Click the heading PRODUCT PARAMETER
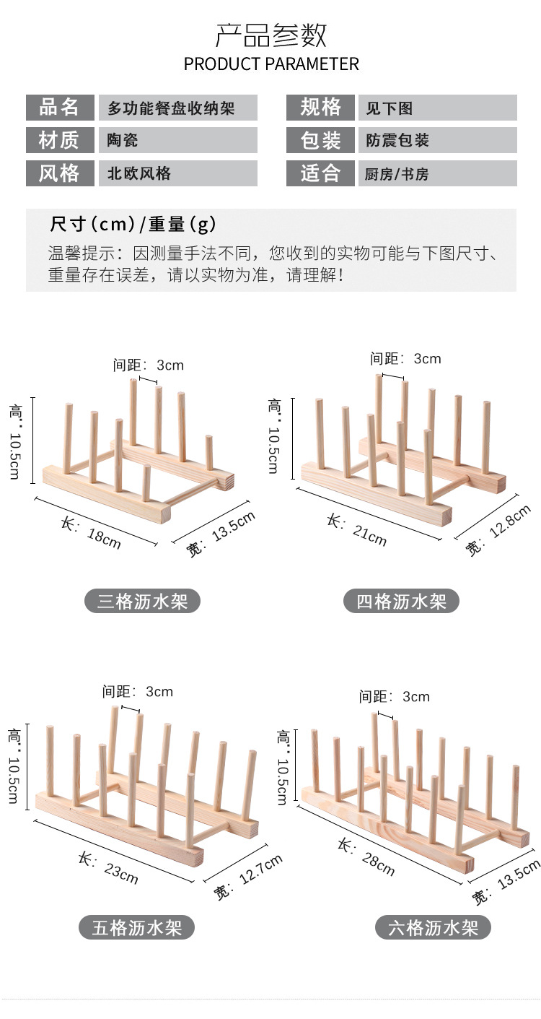(x=270, y=64)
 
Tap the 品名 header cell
(x=59, y=108)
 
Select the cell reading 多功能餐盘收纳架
(x=177, y=108)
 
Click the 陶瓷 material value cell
(x=177, y=140)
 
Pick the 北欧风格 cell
(x=177, y=173)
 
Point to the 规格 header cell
(x=320, y=108)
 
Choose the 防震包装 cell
(x=437, y=140)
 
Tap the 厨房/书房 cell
(x=437, y=173)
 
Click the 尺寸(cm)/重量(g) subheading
(x=133, y=224)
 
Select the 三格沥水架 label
(x=142, y=601)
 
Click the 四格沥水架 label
(x=402, y=601)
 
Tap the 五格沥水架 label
(x=136, y=927)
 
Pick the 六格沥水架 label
(x=433, y=927)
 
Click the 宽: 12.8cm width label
(x=498, y=531)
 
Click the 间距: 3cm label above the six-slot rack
(x=395, y=696)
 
